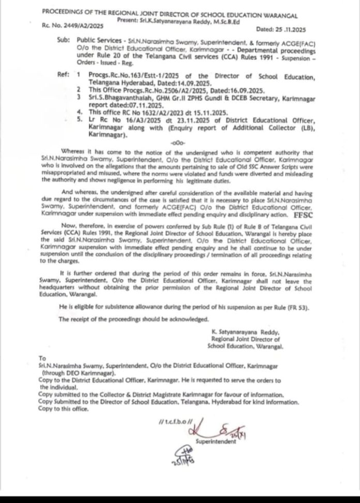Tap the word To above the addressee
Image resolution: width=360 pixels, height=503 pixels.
tap(42, 358)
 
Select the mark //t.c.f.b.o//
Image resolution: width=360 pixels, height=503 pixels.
tap(170, 423)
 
